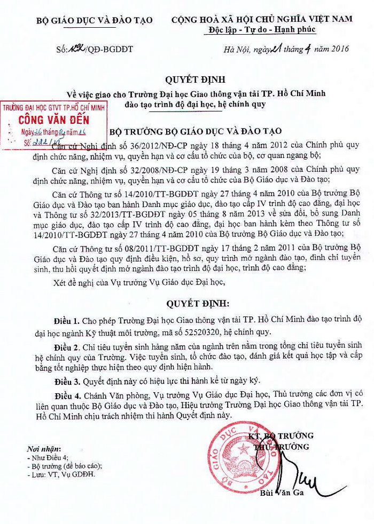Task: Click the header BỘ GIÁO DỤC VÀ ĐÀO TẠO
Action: click(94, 20)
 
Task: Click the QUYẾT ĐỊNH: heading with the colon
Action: click(191, 304)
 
